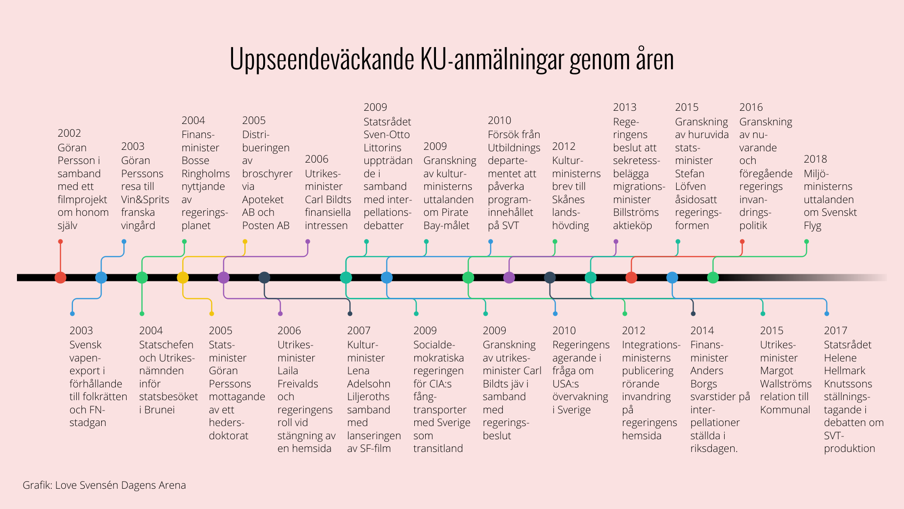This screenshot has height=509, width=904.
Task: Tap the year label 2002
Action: tap(69, 133)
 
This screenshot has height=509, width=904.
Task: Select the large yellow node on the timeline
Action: tap(183, 278)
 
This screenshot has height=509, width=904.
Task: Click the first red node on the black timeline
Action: tap(60, 278)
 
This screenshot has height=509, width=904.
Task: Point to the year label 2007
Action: tap(359, 331)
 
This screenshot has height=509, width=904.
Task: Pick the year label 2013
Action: tap(624, 107)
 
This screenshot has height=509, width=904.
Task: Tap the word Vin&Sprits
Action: tap(145, 200)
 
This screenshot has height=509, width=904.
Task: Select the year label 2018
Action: tap(815, 159)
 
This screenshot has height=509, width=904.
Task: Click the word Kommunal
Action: tap(785, 410)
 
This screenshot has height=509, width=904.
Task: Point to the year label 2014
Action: tap(702, 331)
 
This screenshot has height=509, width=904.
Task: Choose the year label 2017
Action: tap(835, 331)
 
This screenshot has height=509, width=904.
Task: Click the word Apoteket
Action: tap(263, 200)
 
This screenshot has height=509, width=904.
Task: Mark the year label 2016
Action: tap(751, 107)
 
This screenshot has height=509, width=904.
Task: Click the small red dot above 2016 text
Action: tap(742, 242)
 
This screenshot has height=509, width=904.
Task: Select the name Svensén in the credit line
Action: tap(99, 485)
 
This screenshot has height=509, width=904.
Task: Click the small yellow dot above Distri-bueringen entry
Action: tap(245, 242)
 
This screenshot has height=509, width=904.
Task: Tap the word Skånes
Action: tap(568, 200)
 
